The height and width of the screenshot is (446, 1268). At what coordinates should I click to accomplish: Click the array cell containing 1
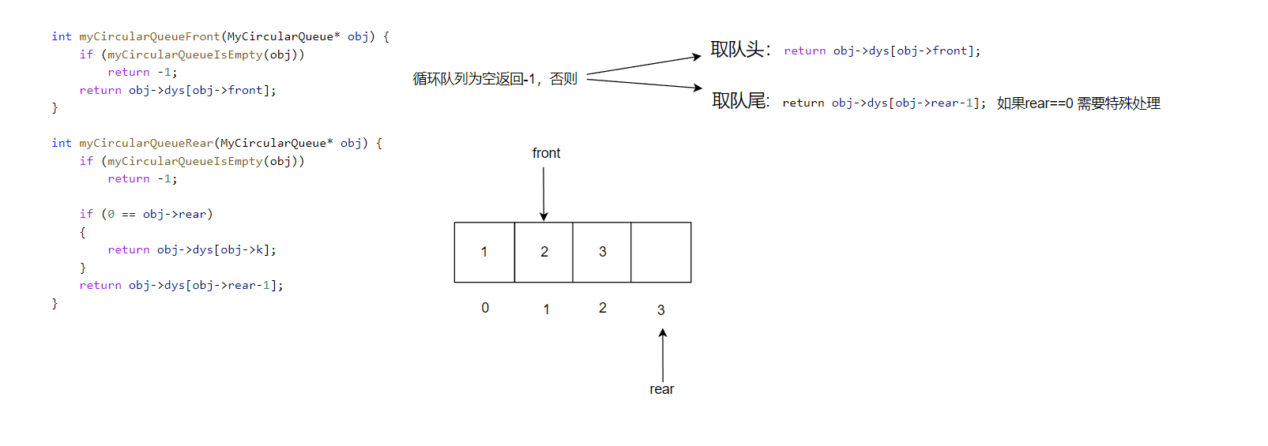point(484,252)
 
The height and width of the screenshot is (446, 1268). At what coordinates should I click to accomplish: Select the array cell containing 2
point(544,252)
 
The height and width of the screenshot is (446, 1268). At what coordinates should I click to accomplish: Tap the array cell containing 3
point(602,252)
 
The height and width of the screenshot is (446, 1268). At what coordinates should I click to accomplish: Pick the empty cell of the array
point(661,252)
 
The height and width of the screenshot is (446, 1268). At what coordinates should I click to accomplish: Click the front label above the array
point(546,153)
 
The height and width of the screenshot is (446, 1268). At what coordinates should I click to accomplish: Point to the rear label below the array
point(662,389)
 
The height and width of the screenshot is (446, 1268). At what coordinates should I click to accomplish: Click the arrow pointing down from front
point(544,193)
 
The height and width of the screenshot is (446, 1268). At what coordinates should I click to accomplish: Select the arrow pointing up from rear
point(663,355)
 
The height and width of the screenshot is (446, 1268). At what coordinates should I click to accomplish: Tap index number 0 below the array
point(485,308)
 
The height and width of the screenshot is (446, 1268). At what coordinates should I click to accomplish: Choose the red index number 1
point(546,309)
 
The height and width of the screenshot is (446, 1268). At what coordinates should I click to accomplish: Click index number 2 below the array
point(603,308)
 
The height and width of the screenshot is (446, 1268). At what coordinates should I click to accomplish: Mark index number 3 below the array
point(661,310)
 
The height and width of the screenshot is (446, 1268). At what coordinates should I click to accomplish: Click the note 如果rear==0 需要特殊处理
point(1078,103)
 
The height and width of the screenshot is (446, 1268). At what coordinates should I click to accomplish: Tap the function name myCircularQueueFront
point(149,36)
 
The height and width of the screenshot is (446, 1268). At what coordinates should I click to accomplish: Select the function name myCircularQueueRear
point(146,143)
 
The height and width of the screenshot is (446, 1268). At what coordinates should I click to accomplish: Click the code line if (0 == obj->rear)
point(146,214)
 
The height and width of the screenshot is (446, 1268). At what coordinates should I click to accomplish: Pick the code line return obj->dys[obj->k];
point(192,249)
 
